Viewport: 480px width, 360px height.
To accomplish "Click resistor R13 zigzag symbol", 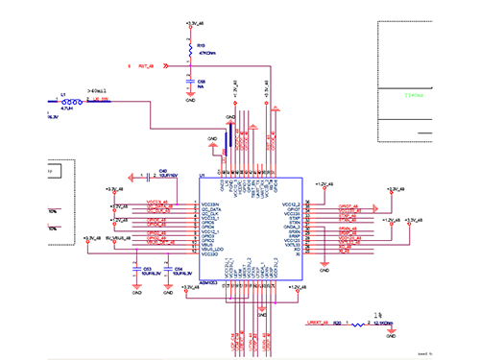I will point(189,47).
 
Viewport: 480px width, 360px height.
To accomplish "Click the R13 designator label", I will point(201,44).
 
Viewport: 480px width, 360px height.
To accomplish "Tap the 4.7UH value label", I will point(67,110).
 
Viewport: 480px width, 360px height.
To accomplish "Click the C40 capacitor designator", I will point(163,171).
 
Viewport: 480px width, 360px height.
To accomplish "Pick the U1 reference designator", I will point(202,175).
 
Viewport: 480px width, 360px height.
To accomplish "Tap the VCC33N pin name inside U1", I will point(209,203).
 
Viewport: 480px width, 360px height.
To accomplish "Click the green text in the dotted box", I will point(414,96).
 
